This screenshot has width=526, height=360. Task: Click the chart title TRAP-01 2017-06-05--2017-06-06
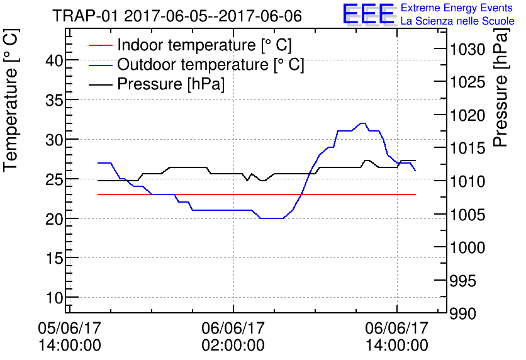177,16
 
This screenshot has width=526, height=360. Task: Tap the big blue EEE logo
368,14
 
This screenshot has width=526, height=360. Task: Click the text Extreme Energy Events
456,8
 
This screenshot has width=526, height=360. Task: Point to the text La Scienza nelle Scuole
457,21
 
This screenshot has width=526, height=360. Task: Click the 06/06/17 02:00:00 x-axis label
233,337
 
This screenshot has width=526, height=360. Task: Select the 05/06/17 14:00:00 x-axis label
69,337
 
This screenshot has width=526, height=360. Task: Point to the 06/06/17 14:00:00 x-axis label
397,337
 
